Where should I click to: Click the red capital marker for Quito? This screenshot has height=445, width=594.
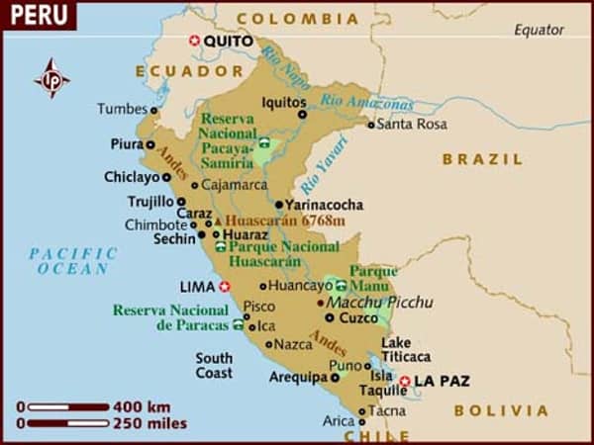[194, 41]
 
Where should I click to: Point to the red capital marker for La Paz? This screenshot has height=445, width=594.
[404, 381]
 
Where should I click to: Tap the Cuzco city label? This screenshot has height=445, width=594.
[358, 318]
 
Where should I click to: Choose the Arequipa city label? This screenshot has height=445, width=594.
[298, 377]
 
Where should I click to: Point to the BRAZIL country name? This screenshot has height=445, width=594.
[482, 159]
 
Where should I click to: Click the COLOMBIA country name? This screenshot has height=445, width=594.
[298, 19]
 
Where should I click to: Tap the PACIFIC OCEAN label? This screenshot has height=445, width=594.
[73, 261]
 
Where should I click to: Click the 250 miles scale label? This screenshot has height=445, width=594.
[149, 423]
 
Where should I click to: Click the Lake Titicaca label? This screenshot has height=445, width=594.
[406, 350]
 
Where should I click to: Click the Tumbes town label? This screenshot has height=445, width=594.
[122, 109]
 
